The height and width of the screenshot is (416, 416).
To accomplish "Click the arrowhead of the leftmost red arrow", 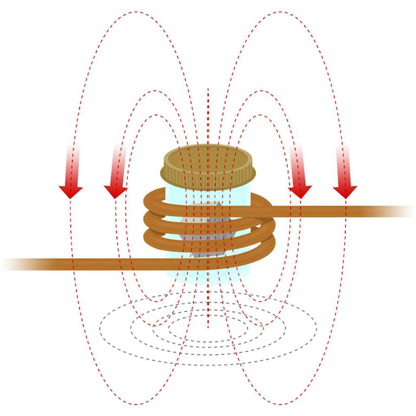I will tap(71, 191).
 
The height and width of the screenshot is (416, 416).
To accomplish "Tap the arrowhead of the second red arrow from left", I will tap(115, 191).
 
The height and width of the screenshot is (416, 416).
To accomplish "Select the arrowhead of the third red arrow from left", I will tap(300, 191).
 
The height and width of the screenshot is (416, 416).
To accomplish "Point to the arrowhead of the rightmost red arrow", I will tap(345, 191).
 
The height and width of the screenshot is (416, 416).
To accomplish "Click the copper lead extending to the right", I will tap(333, 211).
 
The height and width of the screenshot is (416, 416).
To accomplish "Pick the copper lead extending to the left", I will tap(81, 264).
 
